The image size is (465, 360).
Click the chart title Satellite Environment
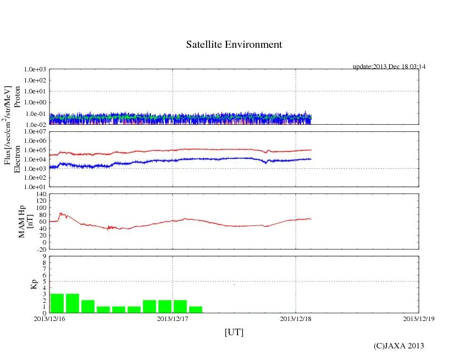[x=234, y=45]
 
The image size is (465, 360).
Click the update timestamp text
[x=389, y=67]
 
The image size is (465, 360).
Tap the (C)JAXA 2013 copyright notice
[x=398, y=346]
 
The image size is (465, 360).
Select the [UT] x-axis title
[x=234, y=333]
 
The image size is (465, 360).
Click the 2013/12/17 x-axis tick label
[x=173, y=318]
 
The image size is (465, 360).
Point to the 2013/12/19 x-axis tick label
[x=419, y=318]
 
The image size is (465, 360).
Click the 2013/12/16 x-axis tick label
[x=49, y=318]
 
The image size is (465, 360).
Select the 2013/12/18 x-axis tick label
[x=296, y=318]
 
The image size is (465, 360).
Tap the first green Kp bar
[x=57, y=303]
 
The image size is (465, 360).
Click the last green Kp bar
[x=196, y=309]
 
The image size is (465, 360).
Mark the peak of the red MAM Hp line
[x=60, y=213]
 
